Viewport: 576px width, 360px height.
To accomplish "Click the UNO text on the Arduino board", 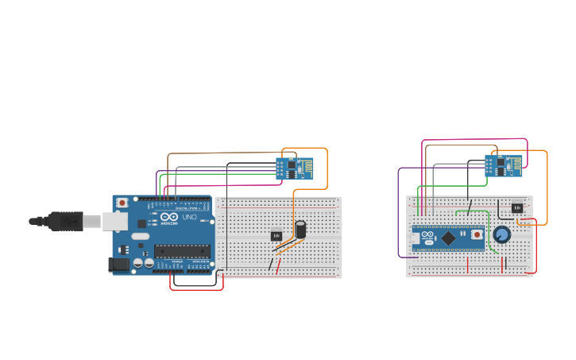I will pos(189,217).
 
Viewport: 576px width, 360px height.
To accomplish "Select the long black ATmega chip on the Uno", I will pos(182,251).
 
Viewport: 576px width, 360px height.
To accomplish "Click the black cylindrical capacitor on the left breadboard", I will pos(300,230).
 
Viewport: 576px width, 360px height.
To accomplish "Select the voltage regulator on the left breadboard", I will pos(276,235).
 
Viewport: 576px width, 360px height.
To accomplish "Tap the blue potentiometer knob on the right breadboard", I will pos(501,235).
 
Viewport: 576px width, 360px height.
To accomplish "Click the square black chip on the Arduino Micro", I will pos(448,237).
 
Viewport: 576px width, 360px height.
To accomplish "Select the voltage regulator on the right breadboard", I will pos(517,207).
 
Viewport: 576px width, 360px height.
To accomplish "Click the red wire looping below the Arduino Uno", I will pos(196,289).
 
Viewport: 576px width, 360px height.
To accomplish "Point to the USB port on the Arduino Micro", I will pos(416,237).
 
